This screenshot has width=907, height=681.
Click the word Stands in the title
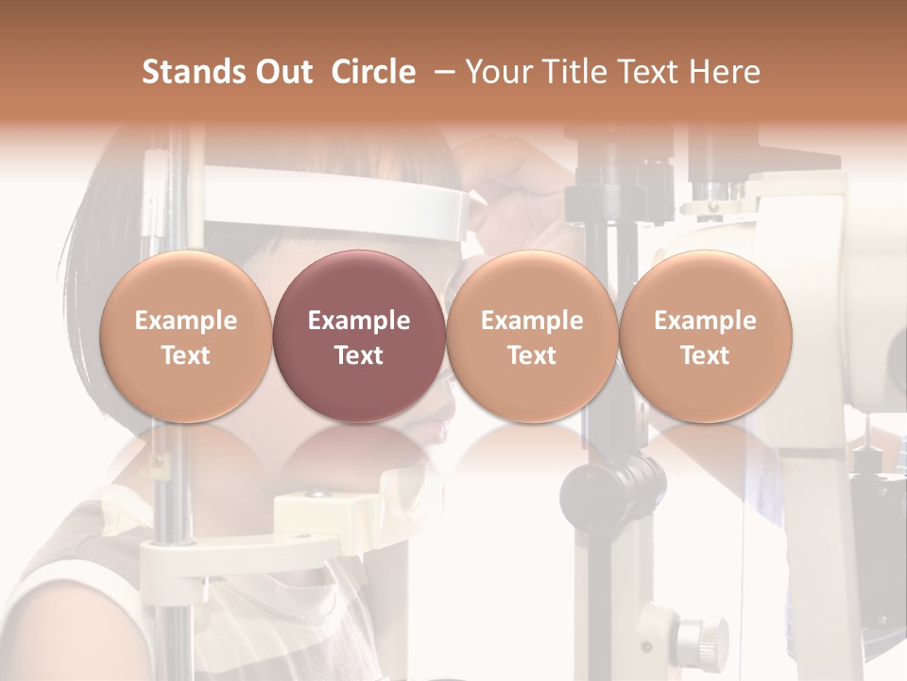click(x=193, y=72)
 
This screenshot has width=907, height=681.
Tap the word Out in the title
click(x=282, y=72)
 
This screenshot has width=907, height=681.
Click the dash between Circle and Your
click(x=440, y=72)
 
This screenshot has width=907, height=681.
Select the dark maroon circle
click(x=359, y=337)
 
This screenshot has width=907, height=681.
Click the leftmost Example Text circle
click(x=186, y=337)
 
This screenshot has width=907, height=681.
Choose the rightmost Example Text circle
click(x=705, y=337)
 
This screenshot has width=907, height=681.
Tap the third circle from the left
click(x=532, y=337)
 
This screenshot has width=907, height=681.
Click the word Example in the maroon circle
click(x=359, y=321)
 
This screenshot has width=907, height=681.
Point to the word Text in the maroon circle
click(x=359, y=356)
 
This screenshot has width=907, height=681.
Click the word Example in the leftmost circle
click(x=186, y=321)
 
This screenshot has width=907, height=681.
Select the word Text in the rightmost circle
click(x=705, y=356)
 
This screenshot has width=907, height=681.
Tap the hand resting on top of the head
click(x=515, y=194)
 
